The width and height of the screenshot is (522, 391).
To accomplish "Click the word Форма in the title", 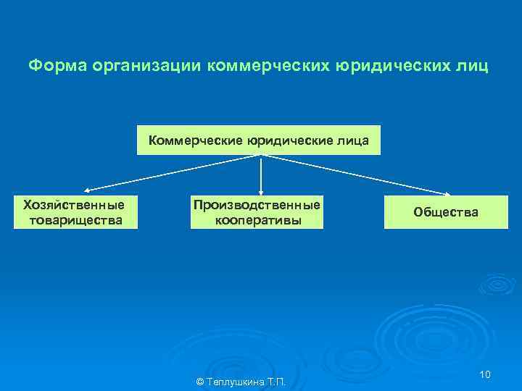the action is (52, 67).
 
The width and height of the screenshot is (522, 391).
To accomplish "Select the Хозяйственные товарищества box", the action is (75, 212).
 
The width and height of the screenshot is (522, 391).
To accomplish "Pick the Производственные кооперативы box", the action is (257, 212).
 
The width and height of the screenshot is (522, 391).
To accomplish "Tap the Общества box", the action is (445, 212).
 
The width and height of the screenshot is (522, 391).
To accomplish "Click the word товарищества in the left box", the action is (75, 219).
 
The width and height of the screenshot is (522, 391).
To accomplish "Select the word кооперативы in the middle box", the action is (257, 219).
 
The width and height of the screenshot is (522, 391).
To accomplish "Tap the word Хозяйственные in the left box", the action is (75, 206).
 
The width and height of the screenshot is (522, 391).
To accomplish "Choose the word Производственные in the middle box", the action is (257, 206).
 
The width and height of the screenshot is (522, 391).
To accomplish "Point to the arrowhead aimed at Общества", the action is (447, 193).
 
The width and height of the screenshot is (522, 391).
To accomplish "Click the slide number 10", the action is (485, 374).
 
